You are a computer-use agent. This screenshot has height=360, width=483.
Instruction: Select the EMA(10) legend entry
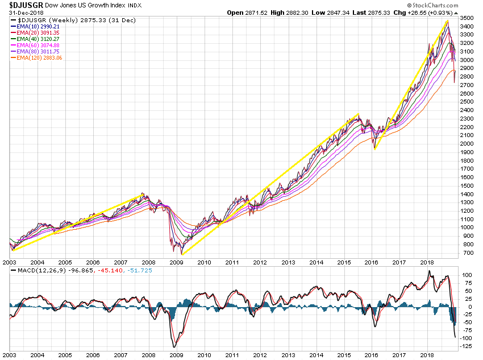point(38,27)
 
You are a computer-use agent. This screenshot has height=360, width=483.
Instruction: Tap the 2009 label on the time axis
point(176,262)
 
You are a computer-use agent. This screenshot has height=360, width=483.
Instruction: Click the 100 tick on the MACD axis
point(465,275)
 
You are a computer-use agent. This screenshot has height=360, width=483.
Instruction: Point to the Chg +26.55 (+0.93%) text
point(447,12)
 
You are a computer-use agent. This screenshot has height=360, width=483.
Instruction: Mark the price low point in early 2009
point(182,254)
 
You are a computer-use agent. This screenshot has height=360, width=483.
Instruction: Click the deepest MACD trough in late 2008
point(174,346)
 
